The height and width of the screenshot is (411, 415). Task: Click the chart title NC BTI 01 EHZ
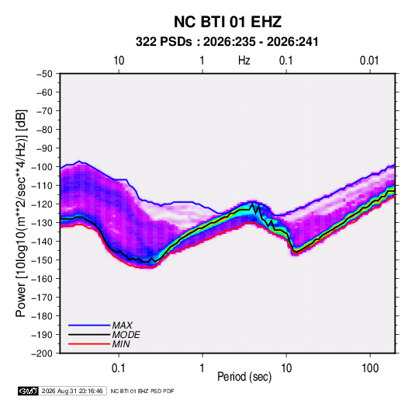pyautogui.click(x=227, y=22)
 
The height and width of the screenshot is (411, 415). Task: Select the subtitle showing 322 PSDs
pyautogui.click(x=227, y=42)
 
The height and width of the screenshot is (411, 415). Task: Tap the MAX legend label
pyautogui.click(x=122, y=325)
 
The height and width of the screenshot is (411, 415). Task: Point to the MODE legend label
pyautogui.click(x=126, y=335)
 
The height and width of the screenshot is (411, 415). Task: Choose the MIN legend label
pyautogui.click(x=121, y=344)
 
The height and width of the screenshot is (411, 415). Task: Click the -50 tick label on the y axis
pyautogui.click(x=44, y=74)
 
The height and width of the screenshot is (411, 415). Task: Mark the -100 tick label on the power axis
pyautogui.click(x=43, y=167)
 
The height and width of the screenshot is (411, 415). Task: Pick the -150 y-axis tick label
pyautogui.click(x=43, y=260)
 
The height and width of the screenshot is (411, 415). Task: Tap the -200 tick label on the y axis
pyautogui.click(x=43, y=354)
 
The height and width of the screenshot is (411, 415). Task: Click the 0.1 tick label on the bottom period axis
pyautogui.click(x=119, y=368)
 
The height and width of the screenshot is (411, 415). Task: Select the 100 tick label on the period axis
pyautogui.click(x=370, y=368)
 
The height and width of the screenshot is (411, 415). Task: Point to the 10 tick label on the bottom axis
pyautogui.click(x=286, y=368)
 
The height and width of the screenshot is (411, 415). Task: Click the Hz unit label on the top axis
pyautogui.click(x=244, y=61)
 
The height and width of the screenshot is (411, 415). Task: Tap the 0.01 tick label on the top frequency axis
pyautogui.click(x=369, y=61)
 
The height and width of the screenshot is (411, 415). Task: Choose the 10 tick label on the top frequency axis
pyautogui.click(x=119, y=61)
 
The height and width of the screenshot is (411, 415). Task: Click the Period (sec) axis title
pyautogui.click(x=244, y=377)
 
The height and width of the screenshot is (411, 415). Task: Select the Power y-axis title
pyautogui.click(x=21, y=214)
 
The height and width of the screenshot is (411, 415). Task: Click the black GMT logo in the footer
pyautogui.click(x=29, y=391)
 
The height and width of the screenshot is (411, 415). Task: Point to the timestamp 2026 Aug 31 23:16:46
pyautogui.click(x=72, y=391)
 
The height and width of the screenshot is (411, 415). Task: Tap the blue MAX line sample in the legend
pyautogui.click(x=89, y=326)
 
